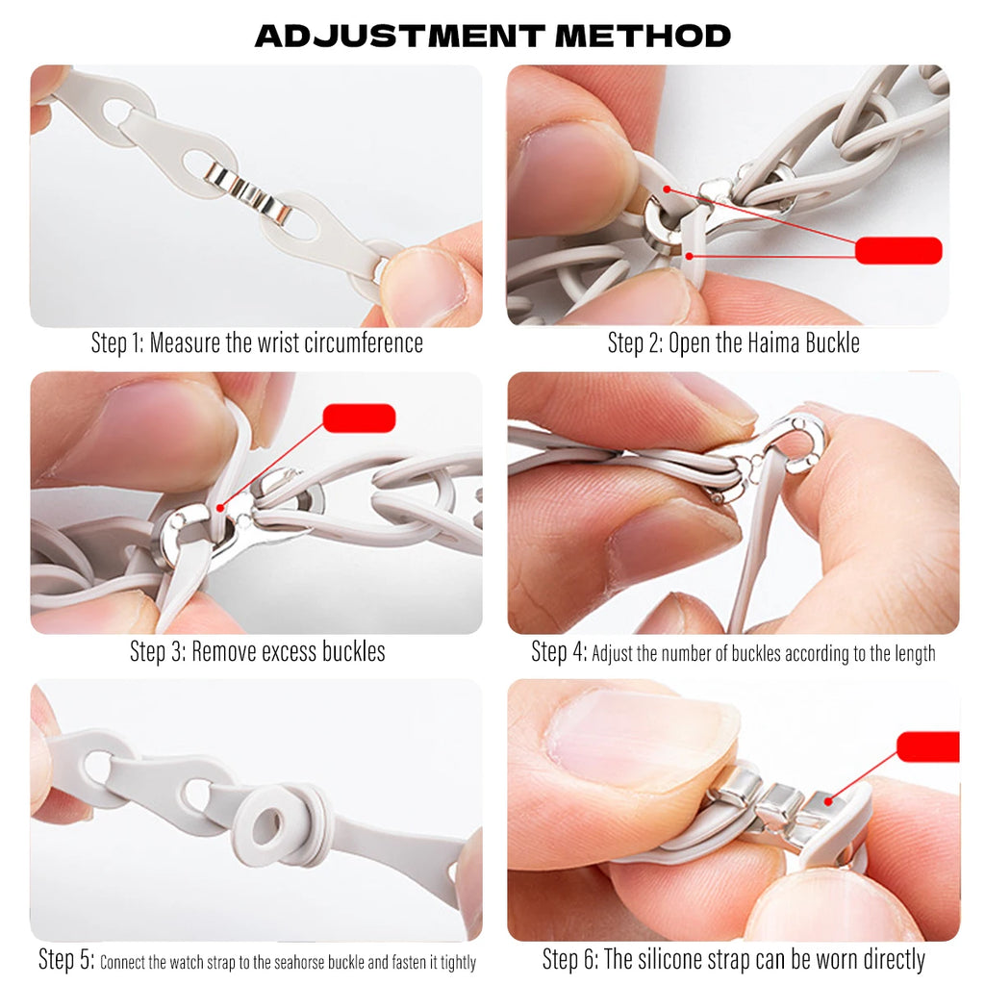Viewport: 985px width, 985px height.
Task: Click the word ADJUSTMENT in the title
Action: (400, 36)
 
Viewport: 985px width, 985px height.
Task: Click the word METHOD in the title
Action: (644, 36)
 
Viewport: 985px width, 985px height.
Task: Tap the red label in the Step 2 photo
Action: (898, 250)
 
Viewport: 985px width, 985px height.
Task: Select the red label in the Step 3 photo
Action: (359, 418)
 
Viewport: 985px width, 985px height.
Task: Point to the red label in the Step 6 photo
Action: (928, 746)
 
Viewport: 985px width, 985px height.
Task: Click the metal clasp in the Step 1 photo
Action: (247, 192)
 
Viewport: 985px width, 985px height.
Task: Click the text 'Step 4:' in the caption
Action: (559, 652)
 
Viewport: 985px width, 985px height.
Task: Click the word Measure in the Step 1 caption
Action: (186, 343)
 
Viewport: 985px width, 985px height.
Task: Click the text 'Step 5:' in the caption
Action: (66, 960)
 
